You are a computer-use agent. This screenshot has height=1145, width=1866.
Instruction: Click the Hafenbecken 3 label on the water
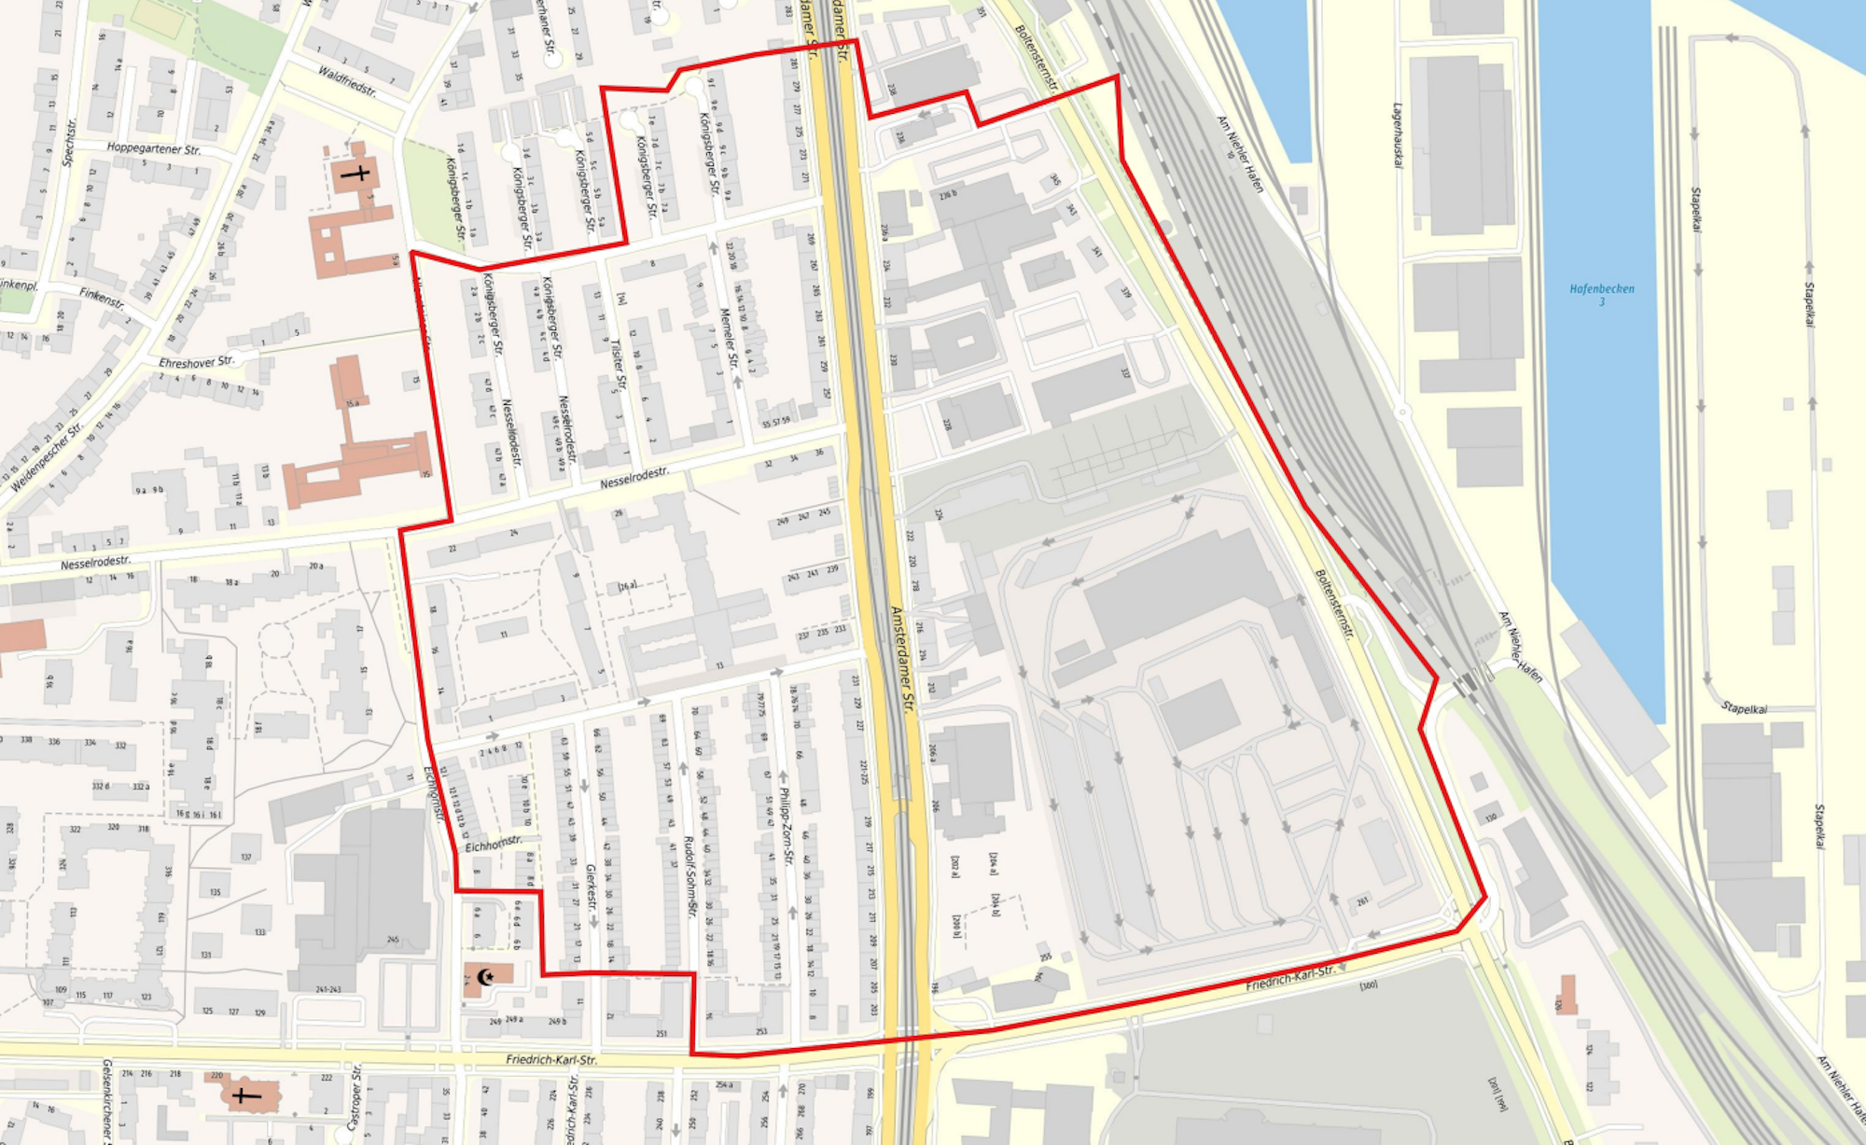coord(1601,294)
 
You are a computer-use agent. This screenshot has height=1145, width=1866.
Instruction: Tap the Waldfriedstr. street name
coord(347,81)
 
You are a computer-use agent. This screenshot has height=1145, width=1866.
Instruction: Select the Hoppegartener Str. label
coord(153,148)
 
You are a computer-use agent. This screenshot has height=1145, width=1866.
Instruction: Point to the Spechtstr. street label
coord(69,142)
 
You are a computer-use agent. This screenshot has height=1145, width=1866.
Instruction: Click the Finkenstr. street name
coord(102,299)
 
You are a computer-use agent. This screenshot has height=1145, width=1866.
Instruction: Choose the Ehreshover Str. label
coord(195,361)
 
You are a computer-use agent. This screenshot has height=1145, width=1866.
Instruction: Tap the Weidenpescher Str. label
coord(47,457)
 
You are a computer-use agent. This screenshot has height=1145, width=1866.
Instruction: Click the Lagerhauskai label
coord(1398,135)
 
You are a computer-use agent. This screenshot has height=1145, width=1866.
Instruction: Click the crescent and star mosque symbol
coord(485,977)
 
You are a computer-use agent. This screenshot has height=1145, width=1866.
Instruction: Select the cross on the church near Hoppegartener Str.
coord(355,173)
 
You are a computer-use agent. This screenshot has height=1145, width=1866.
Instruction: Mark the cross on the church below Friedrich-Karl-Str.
coord(245,1094)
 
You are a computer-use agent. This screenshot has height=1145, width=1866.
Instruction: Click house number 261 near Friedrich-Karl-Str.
coord(1362,901)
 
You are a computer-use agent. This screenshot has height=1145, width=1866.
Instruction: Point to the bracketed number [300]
coord(1369,984)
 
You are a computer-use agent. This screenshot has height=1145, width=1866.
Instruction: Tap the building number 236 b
coord(947,194)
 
